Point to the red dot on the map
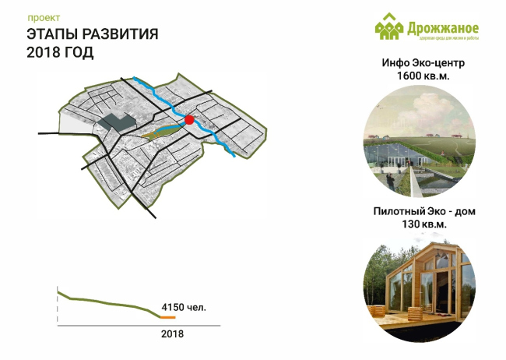[x=188, y=119]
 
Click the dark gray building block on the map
[x=116, y=122]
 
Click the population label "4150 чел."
[x=184, y=308]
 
